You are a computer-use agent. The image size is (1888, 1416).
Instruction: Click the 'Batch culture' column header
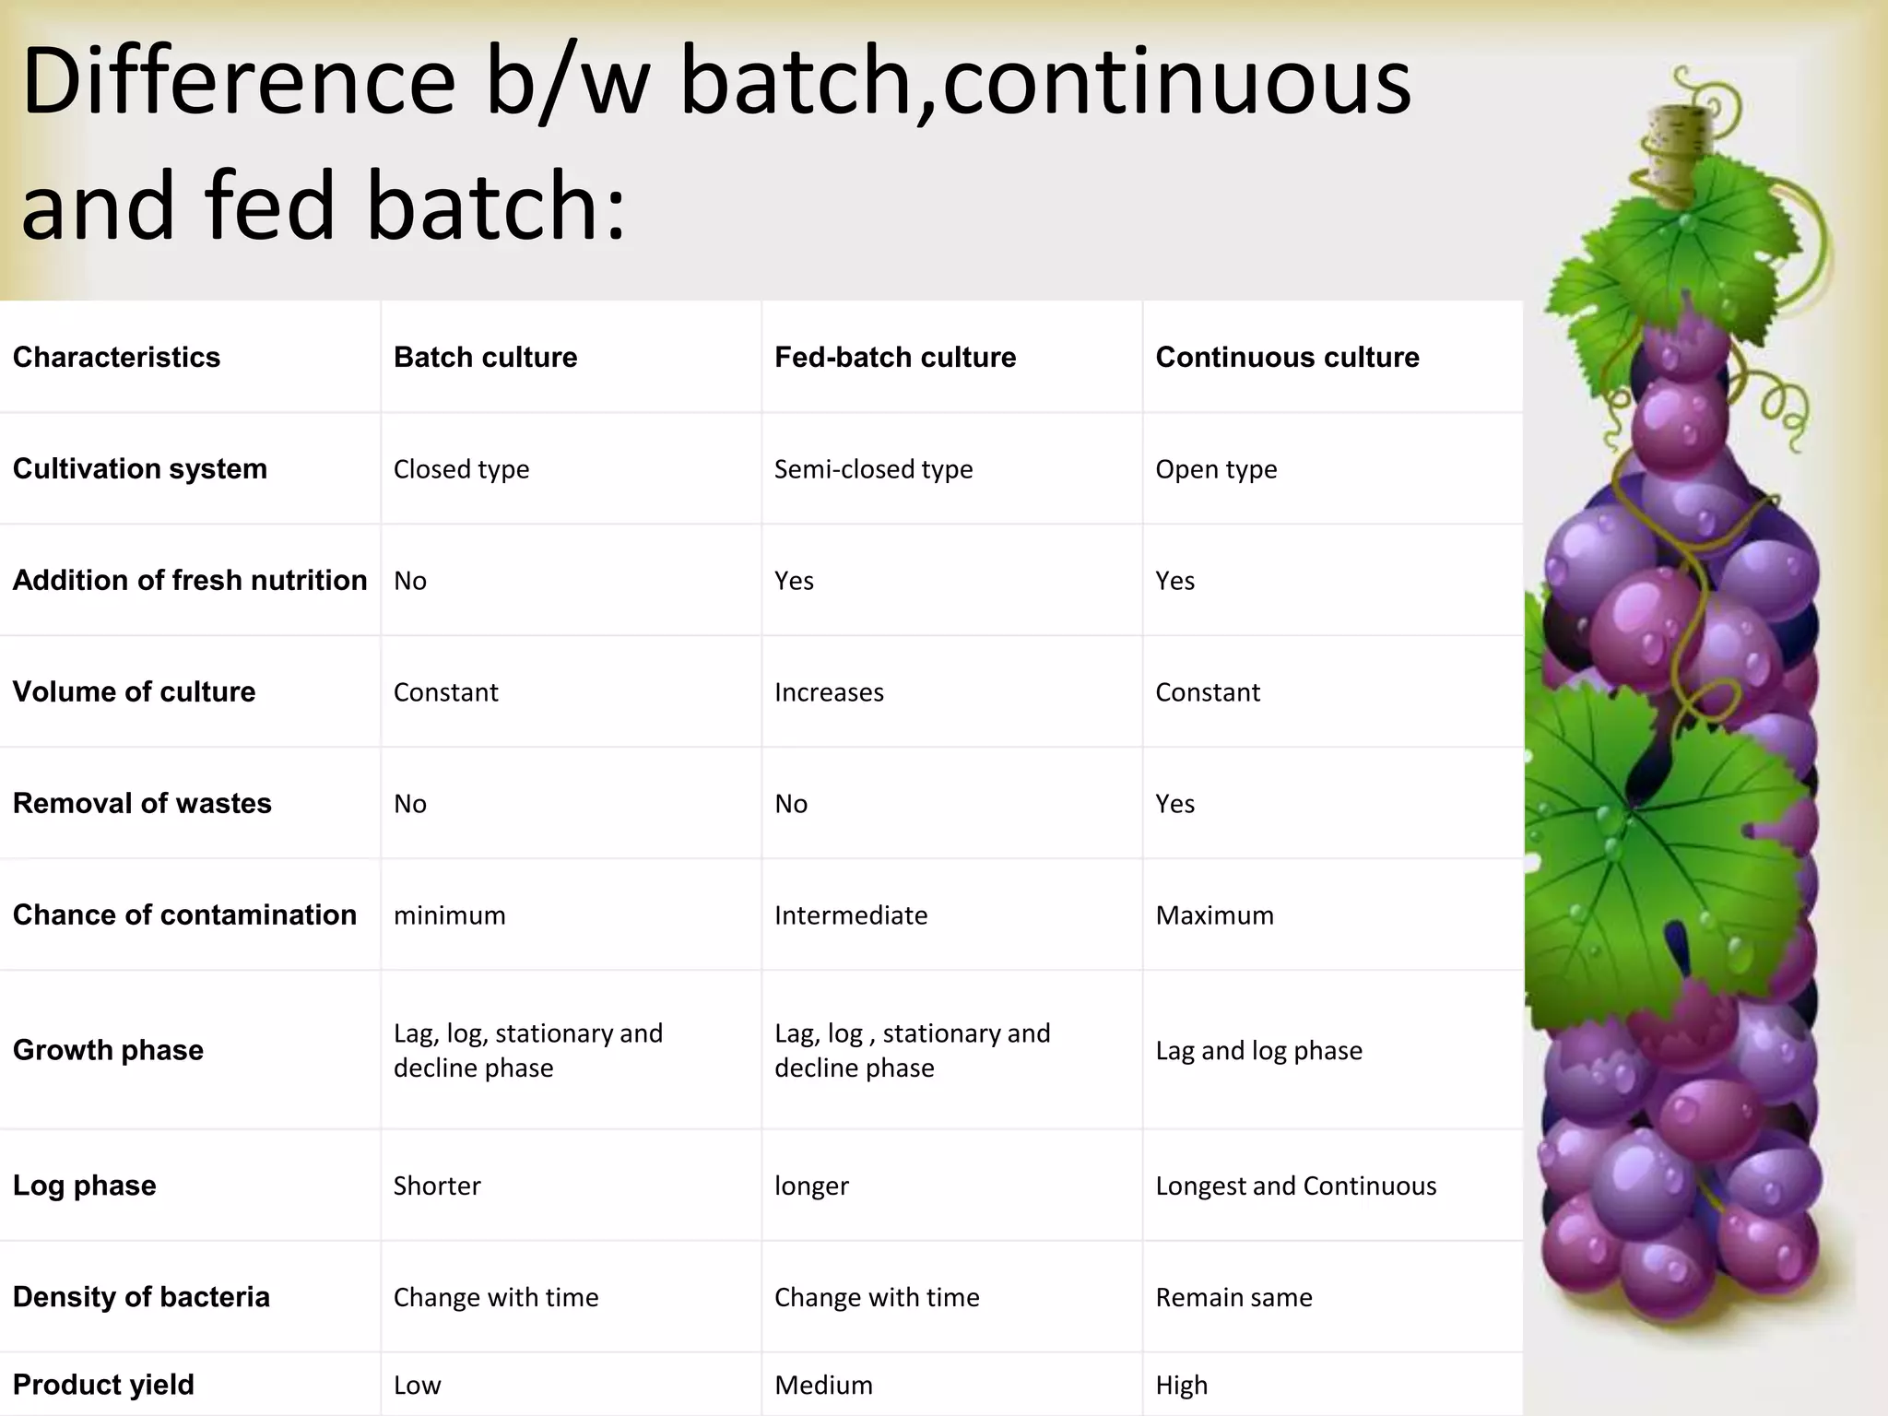[x=485, y=357]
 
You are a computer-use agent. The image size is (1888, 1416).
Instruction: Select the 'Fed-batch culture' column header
[x=894, y=357]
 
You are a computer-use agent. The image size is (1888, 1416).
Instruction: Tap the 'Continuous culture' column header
[x=1287, y=357]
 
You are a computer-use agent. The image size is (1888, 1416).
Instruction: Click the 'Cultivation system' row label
[x=140, y=468]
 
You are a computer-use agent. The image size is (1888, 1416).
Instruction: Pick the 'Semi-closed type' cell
[x=873, y=469]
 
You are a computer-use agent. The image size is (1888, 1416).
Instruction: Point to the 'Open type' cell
[x=1216, y=469]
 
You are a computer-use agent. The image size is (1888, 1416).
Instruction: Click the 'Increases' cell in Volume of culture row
[x=829, y=692]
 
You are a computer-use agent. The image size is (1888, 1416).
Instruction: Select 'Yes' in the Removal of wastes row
[x=1174, y=804]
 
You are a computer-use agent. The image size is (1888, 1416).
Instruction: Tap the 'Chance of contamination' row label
[x=184, y=914]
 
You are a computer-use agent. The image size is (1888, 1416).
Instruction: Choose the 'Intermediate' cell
[x=851, y=915]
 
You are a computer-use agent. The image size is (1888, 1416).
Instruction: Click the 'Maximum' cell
[x=1214, y=915]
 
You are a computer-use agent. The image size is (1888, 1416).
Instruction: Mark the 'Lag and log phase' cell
[x=1258, y=1051]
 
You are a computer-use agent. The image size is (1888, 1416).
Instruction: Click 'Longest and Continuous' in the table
[x=1295, y=1186]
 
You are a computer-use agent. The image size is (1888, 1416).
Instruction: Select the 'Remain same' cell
[x=1233, y=1297]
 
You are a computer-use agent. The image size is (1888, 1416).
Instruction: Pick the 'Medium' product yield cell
[x=823, y=1385]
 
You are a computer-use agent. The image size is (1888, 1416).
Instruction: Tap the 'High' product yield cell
[x=1181, y=1385]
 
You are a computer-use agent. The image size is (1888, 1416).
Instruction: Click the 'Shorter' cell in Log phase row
[x=437, y=1186]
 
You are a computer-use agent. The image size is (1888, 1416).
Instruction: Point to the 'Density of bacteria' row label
[x=141, y=1297]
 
